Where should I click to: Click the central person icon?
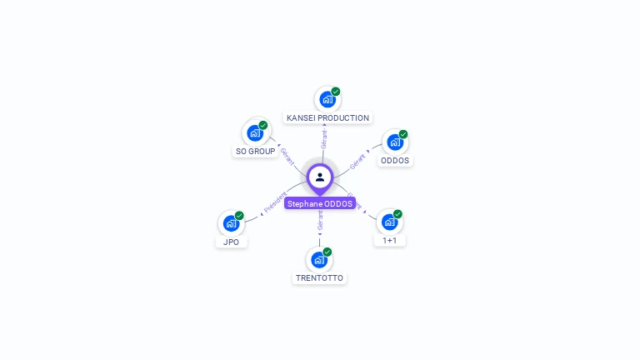click(320, 177)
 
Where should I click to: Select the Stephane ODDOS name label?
click(320, 203)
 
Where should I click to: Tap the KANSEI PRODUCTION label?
click(327, 118)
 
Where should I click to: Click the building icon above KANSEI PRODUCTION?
click(327, 99)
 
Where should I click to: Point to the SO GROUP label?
click(255, 152)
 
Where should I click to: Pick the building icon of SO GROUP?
click(255, 133)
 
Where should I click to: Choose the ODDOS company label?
click(395, 161)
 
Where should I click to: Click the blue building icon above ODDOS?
click(395, 142)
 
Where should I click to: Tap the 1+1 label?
click(389, 241)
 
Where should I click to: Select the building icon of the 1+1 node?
click(389, 222)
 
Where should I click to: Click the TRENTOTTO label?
click(319, 278)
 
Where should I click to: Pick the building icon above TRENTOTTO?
click(319, 259)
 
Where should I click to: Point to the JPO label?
click(231, 242)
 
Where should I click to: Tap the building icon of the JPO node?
click(231, 223)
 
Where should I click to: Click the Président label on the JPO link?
click(275, 202)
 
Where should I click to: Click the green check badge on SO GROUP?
click(263, 125)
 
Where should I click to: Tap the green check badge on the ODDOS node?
click(403, 133)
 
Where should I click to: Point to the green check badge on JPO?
click(239, 215)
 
